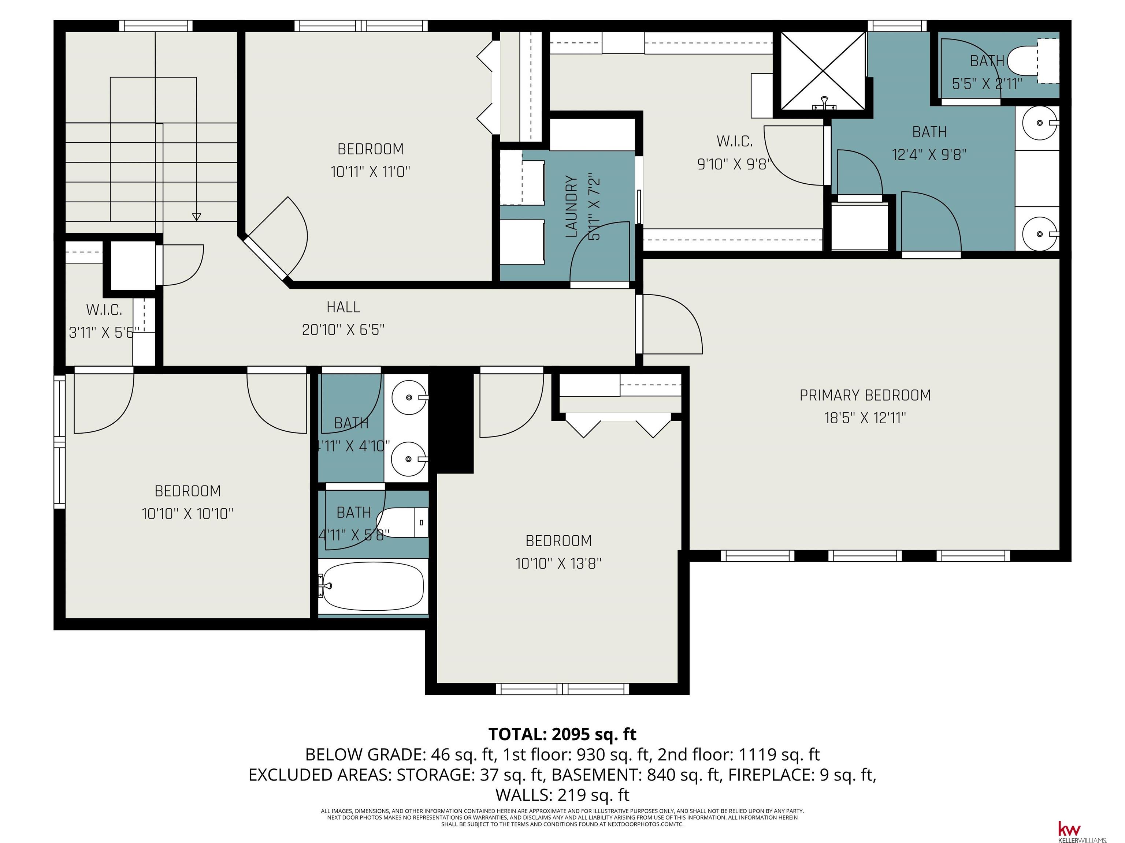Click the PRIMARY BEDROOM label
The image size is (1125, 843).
click(x=865, y=395)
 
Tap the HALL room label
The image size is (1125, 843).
click(x=343, y=307)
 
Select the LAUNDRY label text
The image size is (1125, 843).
click(x=572, y=207)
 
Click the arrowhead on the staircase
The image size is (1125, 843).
click(x=196, y=217)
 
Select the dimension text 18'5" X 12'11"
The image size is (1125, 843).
click(x=865, y=418)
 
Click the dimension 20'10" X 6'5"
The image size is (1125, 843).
click(x=343, y=330)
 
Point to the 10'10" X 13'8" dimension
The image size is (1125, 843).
click(x=558, y=563)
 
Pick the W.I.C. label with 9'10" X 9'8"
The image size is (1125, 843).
click(x=734, y=141)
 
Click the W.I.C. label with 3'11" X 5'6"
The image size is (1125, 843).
click(x=104, y=310)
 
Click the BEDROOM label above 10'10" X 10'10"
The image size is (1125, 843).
click(x=187, y=491)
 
